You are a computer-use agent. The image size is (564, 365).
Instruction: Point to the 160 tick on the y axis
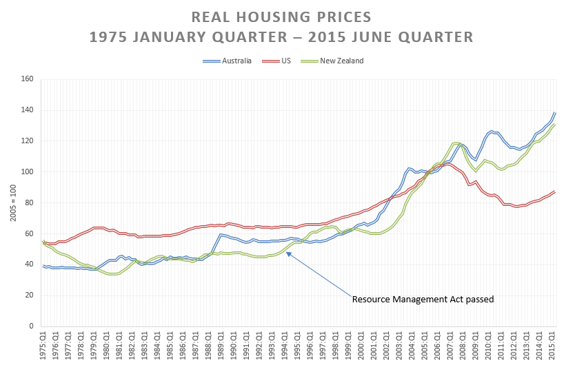(27, 79)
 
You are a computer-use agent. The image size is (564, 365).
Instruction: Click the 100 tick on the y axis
(27, 172)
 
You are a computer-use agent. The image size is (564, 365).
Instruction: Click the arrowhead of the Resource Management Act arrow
(288, 253)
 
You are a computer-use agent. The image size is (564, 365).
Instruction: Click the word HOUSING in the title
(274, 16)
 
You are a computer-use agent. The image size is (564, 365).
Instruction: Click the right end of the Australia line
(555, 112)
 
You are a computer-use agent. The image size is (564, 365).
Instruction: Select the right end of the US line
(555, 191)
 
